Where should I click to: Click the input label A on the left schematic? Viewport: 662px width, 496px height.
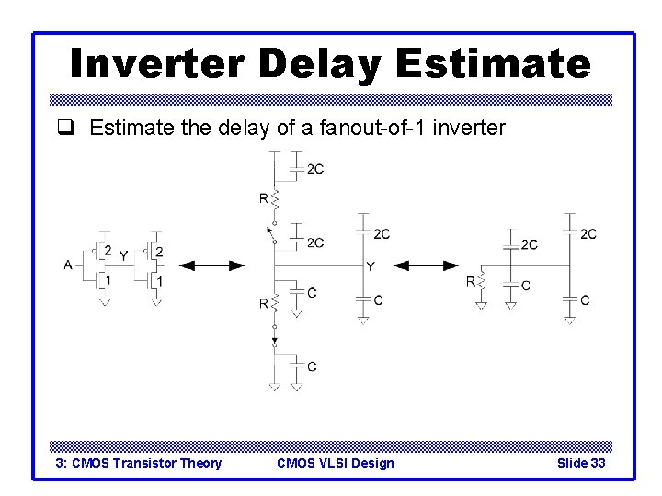tap(68, 265)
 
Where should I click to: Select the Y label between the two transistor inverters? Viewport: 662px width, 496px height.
tap(123, 257)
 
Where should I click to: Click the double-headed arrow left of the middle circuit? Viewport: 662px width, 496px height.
tap(211, 265)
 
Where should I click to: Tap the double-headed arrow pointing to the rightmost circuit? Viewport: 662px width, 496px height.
tap(432, 265)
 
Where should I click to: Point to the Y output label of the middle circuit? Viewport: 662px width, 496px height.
tap(370, 266)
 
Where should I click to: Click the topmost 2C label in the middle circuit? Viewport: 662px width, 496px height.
tap(314, 169)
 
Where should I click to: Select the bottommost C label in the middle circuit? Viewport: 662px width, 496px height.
tap(312, 366)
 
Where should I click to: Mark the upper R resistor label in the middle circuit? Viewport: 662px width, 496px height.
tap(264, 197)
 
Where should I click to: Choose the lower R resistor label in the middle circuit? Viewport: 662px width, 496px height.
tap(264, 302)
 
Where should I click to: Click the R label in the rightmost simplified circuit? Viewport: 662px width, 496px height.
tap(471, 282)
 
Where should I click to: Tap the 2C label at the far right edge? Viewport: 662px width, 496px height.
tap(588, 234)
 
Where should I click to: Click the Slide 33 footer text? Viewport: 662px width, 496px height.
tap(581, 463)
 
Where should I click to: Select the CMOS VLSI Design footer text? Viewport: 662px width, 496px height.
tap(335, 463)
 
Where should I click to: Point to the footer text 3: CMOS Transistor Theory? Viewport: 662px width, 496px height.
tap(139, 463)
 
